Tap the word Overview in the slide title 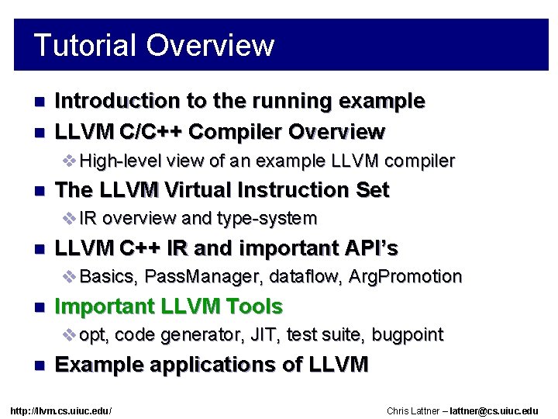tap(209, 45)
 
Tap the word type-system tap(268, 219)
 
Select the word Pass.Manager tap(192, 277)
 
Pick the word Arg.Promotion tap(405, 277)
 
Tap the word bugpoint tap(407, 335)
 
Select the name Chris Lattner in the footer tap(415, 410)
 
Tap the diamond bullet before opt tap(69, 335)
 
